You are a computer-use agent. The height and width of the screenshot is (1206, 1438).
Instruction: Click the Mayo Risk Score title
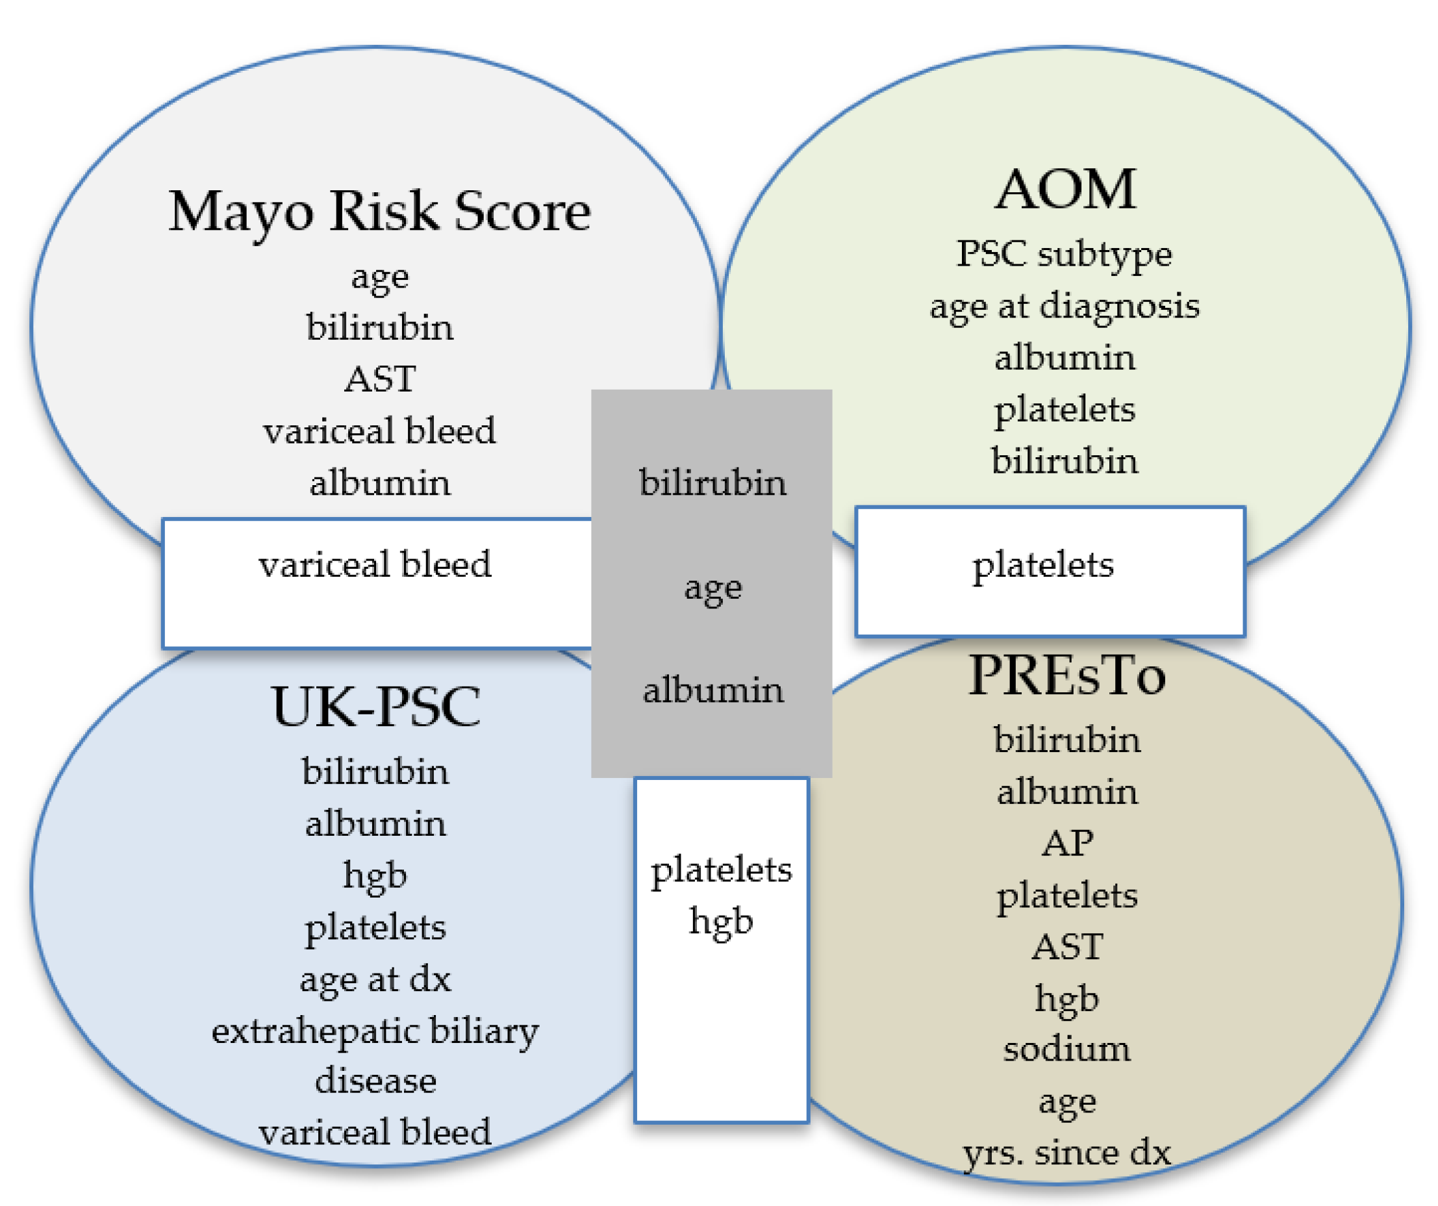coord(379,212)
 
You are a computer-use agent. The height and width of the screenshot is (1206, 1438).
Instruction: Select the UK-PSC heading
coord(375,706)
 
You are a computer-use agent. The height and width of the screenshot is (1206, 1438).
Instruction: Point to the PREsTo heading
coord(1067,676)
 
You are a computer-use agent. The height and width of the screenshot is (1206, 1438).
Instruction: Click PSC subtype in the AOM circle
coord(1064,254)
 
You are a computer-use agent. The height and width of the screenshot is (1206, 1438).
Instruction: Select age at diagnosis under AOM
coord(1064,306)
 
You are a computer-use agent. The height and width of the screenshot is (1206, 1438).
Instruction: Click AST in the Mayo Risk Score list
coord(379,379)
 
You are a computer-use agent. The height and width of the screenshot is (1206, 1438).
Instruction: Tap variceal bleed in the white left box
coord(375,565)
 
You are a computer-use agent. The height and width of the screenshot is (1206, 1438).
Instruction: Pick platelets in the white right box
coord(1043,566)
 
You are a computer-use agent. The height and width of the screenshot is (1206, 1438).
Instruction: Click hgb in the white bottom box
coord(721,921)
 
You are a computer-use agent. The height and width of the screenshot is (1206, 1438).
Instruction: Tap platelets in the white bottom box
coord(721,870)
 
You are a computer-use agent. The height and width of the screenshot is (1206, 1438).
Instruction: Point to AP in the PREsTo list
coord(1067,843)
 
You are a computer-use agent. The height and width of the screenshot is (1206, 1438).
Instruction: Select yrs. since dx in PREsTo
coord(1067,1153)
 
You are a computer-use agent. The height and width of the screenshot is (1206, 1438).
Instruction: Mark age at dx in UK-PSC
coord(375,979)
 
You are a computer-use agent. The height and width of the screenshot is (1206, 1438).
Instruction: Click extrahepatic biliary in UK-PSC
coord(375,1031)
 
